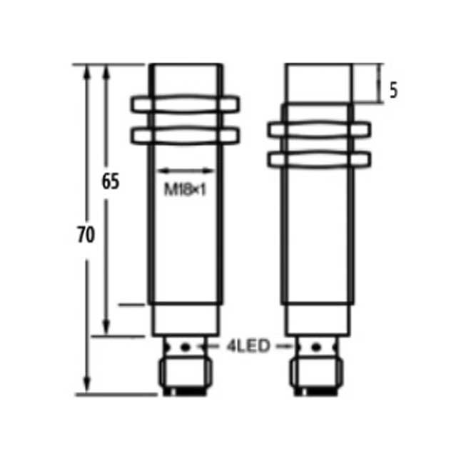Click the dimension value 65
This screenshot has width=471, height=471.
pyautogui.click(x=109, y=181)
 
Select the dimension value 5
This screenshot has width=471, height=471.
pyautogui.click(x=392, y=91)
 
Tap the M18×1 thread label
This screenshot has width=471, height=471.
pyautogui.click(x=185, y=190)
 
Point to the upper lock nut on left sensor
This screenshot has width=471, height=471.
pyautogui.click(x=185, y=105)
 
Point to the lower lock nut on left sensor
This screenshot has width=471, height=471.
pyautogui.click(x=185, y=134)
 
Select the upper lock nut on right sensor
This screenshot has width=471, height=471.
pyautogui.click(x=320, y=129)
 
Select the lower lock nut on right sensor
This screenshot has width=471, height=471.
pyautogui.click(x=320, y=158)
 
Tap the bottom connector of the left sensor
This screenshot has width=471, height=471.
pyautogui.click(x=185, y=374)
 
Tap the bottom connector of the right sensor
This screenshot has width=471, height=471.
pyautogui.click(x=315, y=374)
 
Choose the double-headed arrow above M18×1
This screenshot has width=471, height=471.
pyautogui.click(x=185, y=171)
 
